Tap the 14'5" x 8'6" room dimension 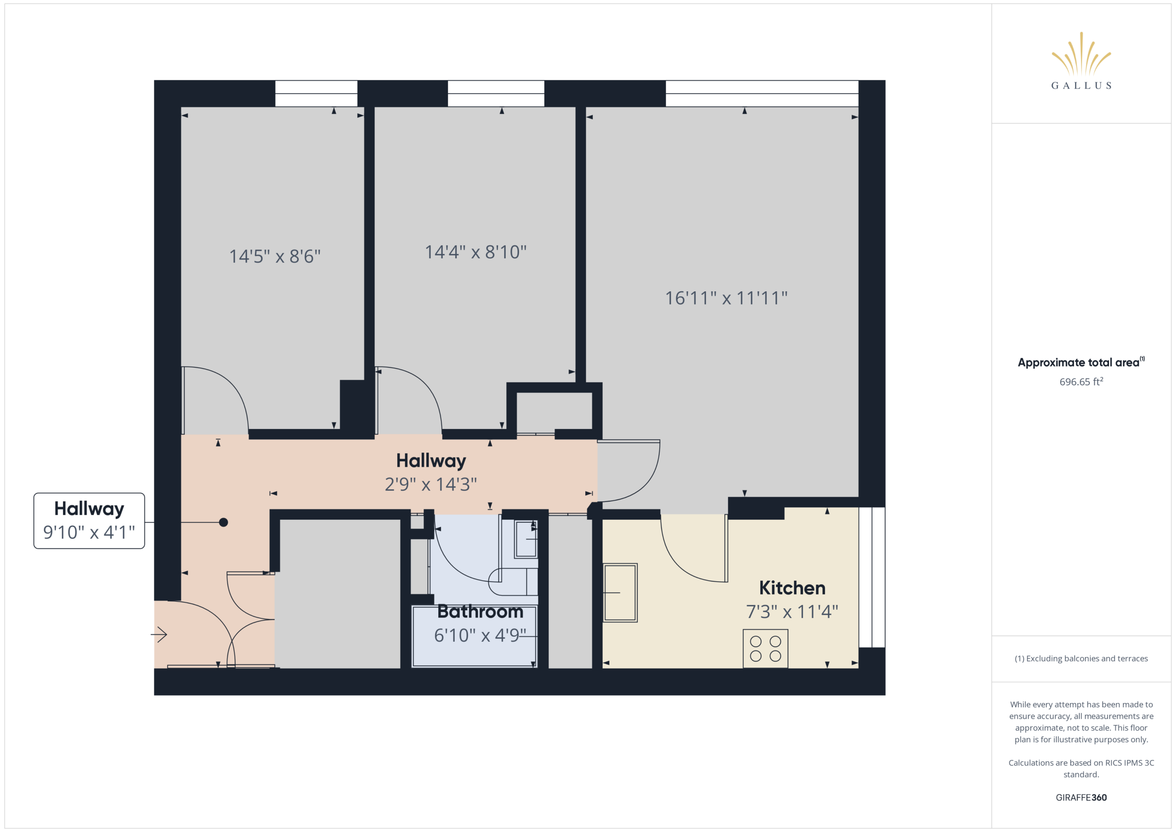275,256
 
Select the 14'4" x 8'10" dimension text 475,252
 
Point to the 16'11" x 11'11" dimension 726,298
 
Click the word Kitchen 792,588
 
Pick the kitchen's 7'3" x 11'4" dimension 792,611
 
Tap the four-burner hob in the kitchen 765,649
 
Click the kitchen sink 620,593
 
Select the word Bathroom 480,611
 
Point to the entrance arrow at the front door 159,635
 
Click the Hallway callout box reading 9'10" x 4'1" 89,521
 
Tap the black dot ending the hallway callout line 223,522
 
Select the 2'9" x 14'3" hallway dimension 431,484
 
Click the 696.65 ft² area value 1081,382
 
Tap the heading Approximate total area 1081,362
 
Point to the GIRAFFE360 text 1081,797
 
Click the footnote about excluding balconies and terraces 1081,658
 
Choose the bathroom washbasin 526,538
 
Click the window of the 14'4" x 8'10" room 496,93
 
